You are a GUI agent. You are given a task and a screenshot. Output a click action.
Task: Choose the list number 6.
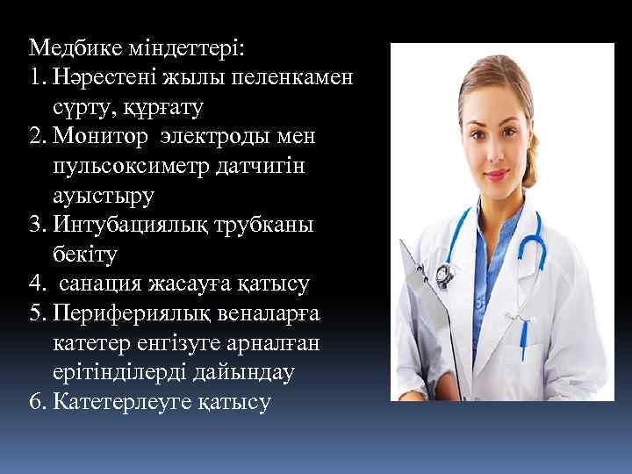[35, 403]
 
